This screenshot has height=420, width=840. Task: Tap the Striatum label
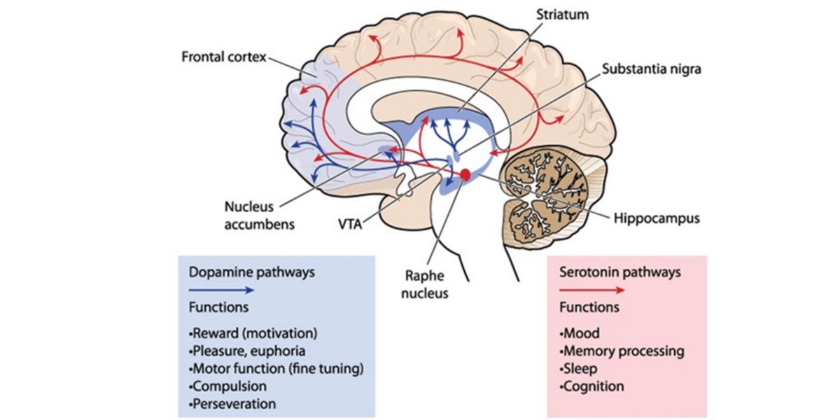(x=561, y=13)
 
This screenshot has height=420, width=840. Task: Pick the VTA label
(x=349, y=225)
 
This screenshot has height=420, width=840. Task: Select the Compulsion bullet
(x=228, y=386)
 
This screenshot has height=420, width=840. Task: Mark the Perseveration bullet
(x=232, y=404)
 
